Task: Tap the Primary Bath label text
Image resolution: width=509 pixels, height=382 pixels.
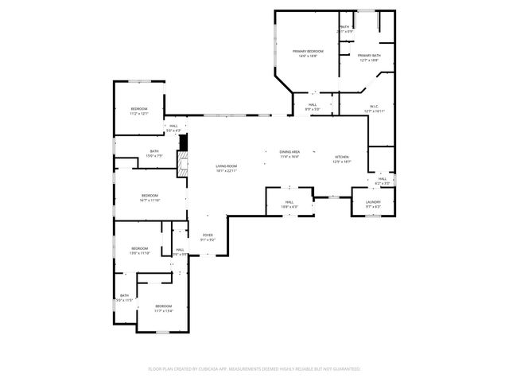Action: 368,56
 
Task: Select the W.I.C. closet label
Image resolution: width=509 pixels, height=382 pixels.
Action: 373,106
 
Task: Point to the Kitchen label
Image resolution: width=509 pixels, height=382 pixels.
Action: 341,157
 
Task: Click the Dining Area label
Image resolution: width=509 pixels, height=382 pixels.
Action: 289,151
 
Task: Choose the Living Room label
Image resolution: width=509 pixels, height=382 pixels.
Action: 227,166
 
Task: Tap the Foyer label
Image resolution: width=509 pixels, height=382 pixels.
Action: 207,235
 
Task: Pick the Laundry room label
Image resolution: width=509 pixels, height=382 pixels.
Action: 373,201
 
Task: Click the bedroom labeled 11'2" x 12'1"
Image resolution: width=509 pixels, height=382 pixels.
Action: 139,109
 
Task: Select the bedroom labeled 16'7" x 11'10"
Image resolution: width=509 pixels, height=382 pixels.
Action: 150,196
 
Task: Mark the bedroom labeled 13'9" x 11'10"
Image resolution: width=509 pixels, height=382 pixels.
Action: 139,248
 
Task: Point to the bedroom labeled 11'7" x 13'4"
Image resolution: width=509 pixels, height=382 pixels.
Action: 163,306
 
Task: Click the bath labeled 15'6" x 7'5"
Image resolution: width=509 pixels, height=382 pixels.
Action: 154,151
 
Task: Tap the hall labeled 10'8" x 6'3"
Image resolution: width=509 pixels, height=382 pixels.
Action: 289,201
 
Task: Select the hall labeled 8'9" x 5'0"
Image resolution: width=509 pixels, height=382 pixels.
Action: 313,104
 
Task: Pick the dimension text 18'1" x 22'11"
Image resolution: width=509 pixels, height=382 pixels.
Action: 227,171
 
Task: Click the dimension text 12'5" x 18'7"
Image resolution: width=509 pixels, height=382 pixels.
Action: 341,162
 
